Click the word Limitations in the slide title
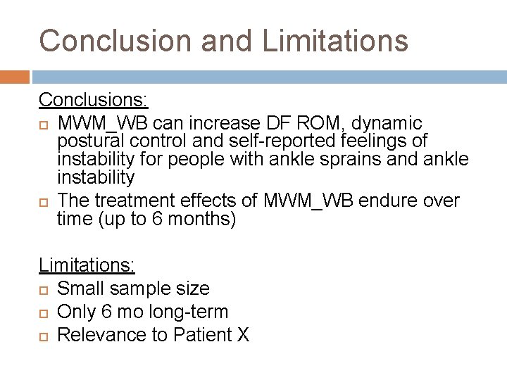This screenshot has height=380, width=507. (x=334, y=41)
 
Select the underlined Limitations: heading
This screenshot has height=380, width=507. (x=87, y=265)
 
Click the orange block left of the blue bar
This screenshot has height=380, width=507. (x=15, y=77)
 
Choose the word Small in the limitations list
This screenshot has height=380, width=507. (x=81, y=289)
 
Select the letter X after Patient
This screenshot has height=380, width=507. (x=242, y=335)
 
